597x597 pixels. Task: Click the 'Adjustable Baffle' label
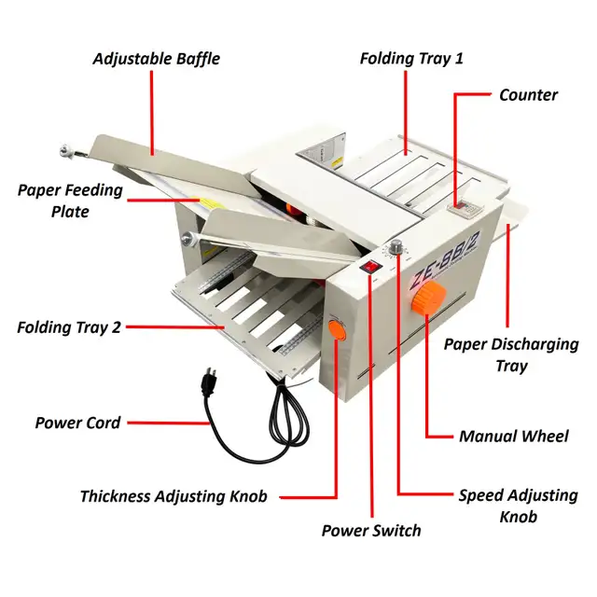pyautogui.click(x=156, y=58)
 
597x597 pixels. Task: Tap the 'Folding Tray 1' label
pyautogui.click(x=411, y=58)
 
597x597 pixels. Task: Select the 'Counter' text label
pyautogui.click(x=528, y=94)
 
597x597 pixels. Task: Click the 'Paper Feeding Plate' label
pyautogui.click(x=70, y=201)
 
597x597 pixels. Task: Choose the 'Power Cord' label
pyautogui.click(x=77, y=423)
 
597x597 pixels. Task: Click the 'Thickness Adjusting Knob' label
pyautogui.click(x=174, y=496)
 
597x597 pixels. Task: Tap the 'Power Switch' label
pyautogui.click(x=371, y=530)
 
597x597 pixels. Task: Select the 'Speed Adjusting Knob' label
pyautogui.click(x=518, y=506)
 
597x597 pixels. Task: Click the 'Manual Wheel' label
pyautogui.click(x=513, y=436)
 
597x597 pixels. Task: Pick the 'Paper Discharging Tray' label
pyautogui.click(x=510, y=354)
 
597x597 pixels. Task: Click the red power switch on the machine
pyautogui.click(x=370, y=268)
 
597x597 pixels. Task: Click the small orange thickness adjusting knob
pyautogui.click(x=337, y=328)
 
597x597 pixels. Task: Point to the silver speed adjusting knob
pyautogui.click(x=396, y=246)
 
